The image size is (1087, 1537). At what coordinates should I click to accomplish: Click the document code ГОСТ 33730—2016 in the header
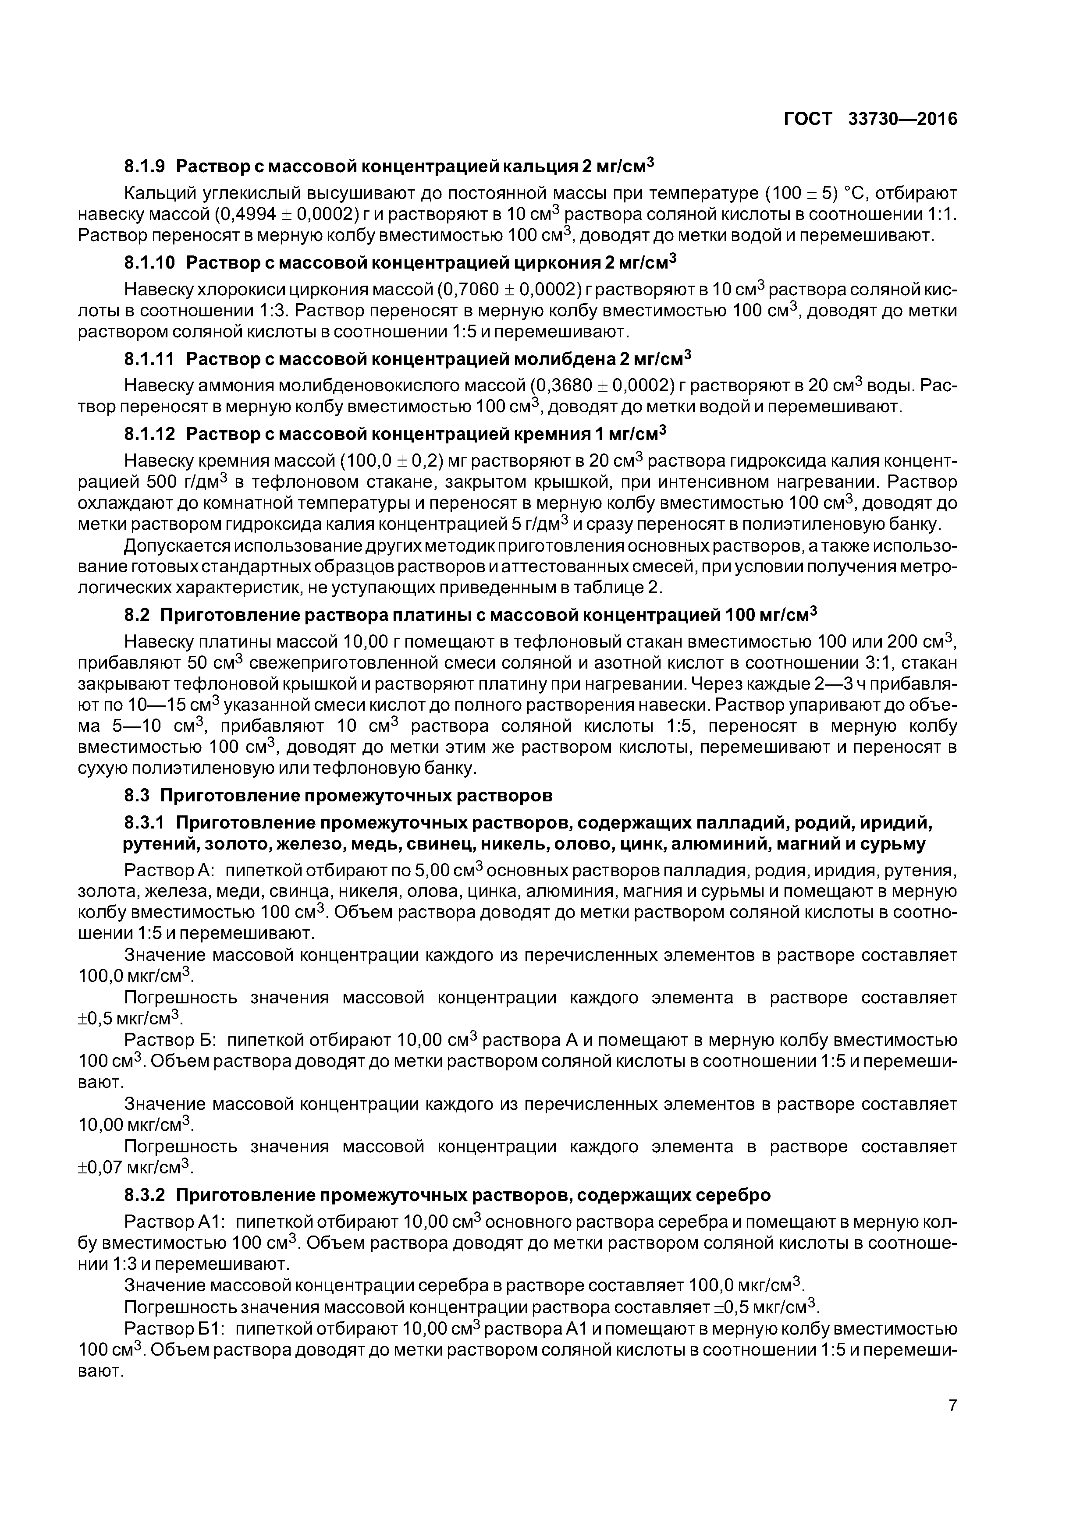(870, 119)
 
